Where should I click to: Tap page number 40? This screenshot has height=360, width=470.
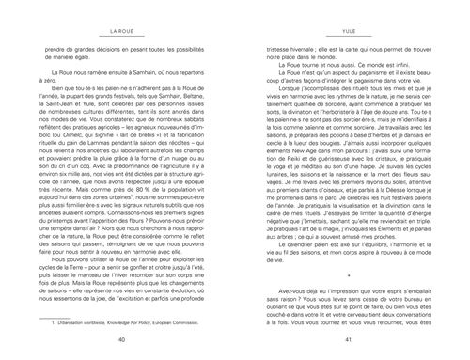118,338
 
